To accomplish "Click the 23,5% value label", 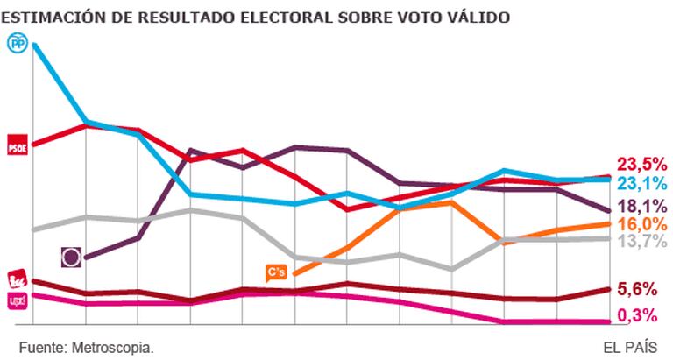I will click(642, 165).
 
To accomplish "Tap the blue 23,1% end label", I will click(642, 184).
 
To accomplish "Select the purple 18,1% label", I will click(642, 207).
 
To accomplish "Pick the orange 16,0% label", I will click(642, 225).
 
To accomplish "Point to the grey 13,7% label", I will click(642, 242).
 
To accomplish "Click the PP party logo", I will click(18, 42).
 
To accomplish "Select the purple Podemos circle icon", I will click(73, 257).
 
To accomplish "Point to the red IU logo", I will click(18, 280).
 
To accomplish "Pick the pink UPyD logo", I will click(18, 300).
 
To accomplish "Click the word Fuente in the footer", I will click(39, 346).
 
